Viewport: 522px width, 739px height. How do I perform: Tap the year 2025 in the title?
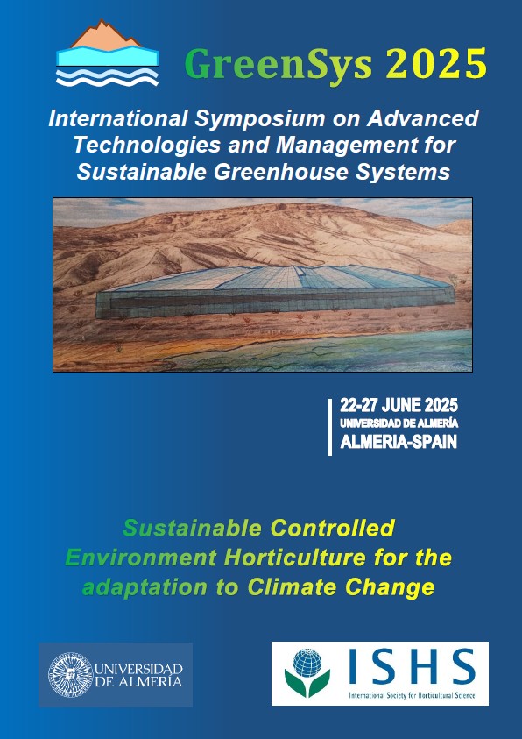(435, 63)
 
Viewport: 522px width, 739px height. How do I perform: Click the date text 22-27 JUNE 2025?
(399, 407)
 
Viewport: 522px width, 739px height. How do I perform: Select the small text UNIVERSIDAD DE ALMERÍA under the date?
(399, 423)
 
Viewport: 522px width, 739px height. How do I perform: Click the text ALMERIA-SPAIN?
(399, 441)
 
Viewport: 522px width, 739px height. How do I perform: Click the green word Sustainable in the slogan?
(192, 528)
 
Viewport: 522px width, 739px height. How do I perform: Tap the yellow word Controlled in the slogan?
(333, 528)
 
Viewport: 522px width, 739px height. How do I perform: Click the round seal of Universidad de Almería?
(68, 675)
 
